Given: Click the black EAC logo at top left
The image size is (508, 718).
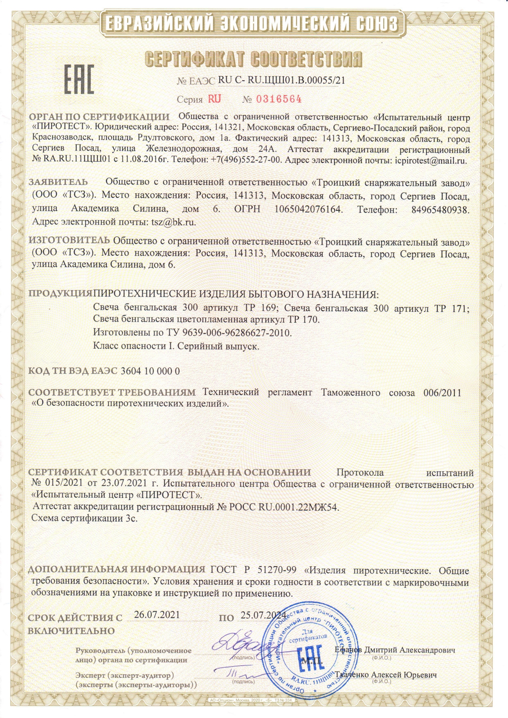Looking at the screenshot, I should click(79, 79).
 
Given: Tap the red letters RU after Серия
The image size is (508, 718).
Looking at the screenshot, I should click(214, 99).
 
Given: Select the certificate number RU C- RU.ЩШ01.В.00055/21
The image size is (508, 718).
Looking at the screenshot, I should click(281, 80).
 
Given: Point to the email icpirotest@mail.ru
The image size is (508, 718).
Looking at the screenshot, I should click(431, 160).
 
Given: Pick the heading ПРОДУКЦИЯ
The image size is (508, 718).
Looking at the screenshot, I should click(60, 294).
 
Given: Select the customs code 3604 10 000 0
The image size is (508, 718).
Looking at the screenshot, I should click(150, 371).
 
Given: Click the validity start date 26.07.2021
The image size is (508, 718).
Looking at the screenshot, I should click(157, 615).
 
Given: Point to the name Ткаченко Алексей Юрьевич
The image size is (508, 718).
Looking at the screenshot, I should click(386, 675).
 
